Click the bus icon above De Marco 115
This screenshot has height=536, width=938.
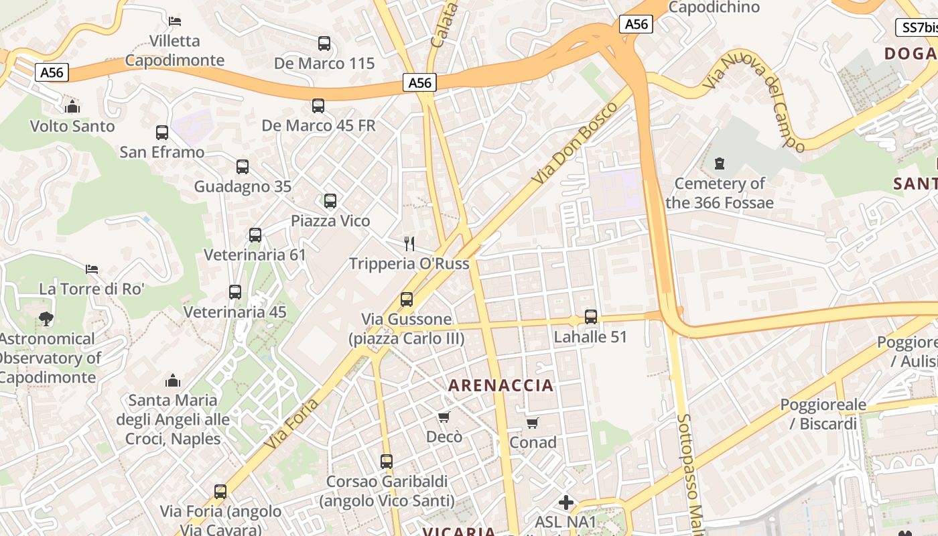[x=324, y=44]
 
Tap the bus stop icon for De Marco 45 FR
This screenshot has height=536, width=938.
[x=318, y=106]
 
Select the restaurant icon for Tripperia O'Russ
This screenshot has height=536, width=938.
[x=409, y=243]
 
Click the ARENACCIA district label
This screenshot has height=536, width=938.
[x=501, y=385]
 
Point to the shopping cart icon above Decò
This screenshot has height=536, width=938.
[x=444, y=417]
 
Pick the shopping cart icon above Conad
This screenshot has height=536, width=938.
[x=533, y=423]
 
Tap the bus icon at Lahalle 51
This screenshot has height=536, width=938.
[x=590, y=317]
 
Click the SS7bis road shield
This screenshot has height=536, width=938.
[x=917, y=27]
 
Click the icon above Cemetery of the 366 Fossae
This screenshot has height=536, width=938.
[x=720, y=163]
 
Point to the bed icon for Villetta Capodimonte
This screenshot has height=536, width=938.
[x=175, y=21]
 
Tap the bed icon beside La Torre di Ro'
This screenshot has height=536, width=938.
[x=92, y=269]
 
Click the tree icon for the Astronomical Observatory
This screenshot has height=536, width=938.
[x=46, y=319]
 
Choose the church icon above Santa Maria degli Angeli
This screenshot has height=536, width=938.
[x=173, y=381]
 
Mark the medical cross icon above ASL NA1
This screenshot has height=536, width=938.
[x=566, y=502]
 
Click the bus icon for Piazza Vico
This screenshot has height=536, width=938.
[x=330, y=201]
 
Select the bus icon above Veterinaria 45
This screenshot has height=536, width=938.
[x=235, y=292]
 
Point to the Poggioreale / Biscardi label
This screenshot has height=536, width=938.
[x=823, y=414]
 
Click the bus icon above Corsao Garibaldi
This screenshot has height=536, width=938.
[x=387, y=462]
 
